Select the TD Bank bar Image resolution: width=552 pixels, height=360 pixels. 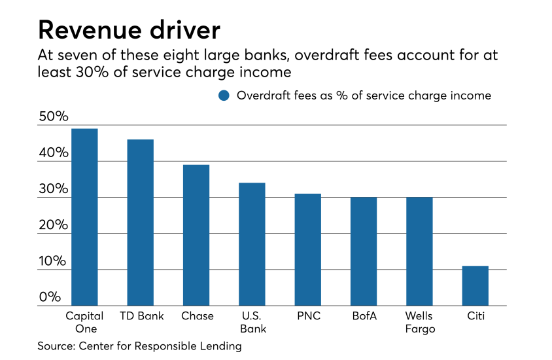(x=140, y=223)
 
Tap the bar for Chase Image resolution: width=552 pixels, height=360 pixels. (x=196, y=235)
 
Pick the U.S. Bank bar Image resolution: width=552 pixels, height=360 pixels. (x=252, y=244)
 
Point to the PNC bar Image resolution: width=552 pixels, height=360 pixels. (x=307, y=249)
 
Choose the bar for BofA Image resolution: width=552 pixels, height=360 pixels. (x=364, y=251)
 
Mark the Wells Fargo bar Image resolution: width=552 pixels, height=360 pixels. (x=419, y=251)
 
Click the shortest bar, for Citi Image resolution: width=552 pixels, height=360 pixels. (x=475, y=285)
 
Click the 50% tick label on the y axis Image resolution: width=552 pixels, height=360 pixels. (x=54, y=117)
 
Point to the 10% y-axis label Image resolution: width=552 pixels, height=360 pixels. (x=54, y=261)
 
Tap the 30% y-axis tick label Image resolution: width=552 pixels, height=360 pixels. (x=54, y=189)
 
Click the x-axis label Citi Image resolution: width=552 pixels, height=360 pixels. (x=475, y=316)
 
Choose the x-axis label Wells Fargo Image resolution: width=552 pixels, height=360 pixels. (x=419, y=322)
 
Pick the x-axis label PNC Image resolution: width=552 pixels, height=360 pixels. (x=307, y=316)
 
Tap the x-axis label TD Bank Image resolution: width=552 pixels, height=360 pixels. (x=141, y=316)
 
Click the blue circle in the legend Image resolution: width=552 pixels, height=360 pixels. (x=224, y=96)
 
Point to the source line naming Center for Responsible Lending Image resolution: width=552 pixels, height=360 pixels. (x=139, y=346)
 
